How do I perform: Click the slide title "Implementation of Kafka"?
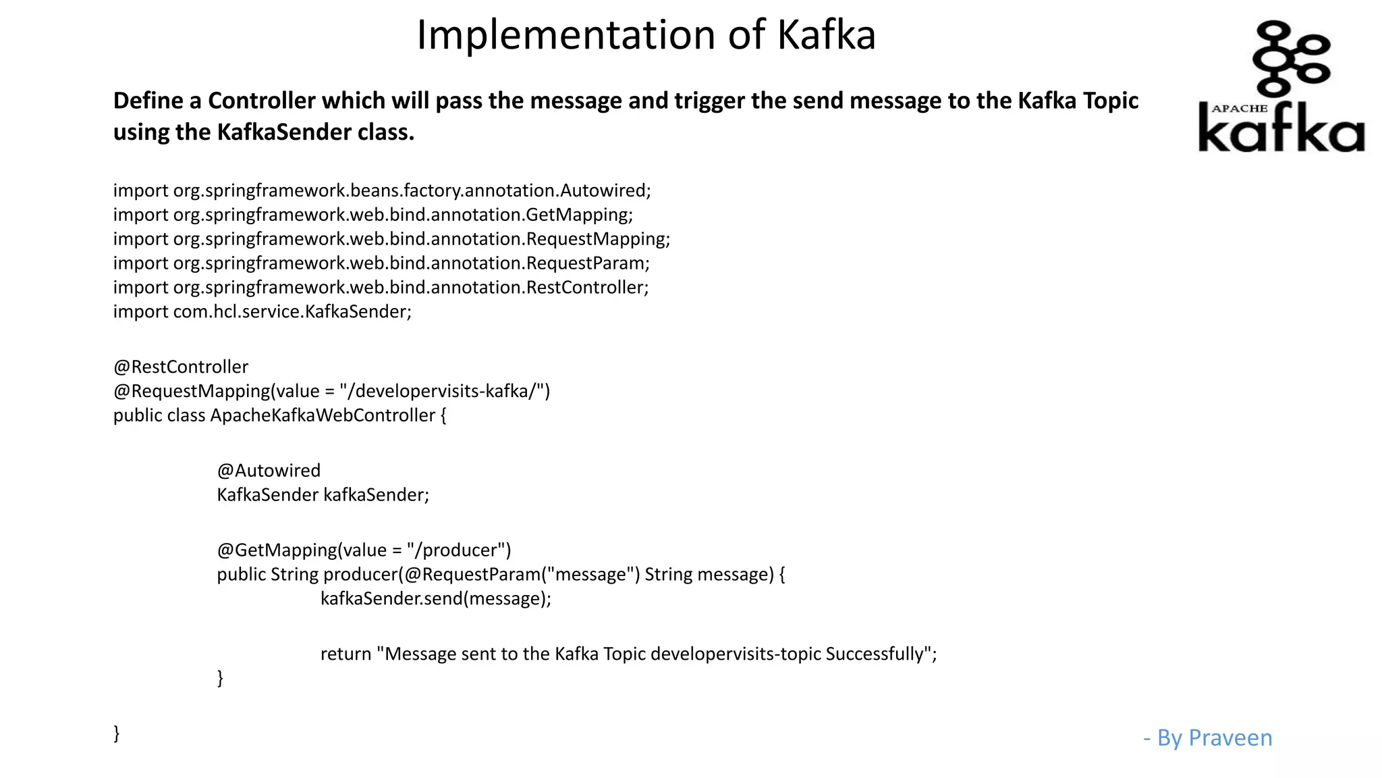646,34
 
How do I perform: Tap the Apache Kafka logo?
1281,88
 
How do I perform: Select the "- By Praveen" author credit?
1207,737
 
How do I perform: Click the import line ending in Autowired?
382,190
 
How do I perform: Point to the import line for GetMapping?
373,215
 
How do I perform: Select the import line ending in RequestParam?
381,263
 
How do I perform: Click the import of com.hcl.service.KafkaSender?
262,311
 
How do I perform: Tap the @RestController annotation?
181,367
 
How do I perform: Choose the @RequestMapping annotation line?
331,391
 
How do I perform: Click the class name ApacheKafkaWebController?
323,415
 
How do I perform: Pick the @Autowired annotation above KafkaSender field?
269,471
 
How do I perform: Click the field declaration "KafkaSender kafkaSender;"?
323,495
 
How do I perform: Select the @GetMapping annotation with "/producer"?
364,550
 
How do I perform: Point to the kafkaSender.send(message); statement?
435,599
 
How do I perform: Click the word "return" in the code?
345,654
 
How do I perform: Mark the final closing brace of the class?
117,733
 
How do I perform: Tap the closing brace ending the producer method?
220,677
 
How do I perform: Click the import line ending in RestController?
381,288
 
